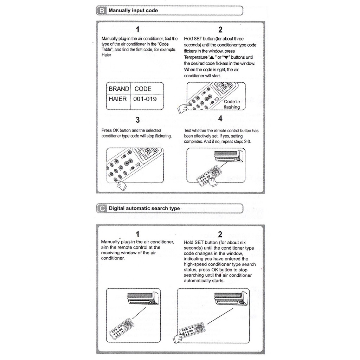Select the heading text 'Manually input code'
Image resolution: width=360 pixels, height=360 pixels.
pyautogui.click(x=133, y=11)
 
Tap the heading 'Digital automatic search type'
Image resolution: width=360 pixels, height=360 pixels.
pyautogui.click(x=144, y=208)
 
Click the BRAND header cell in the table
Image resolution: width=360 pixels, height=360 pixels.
pyautogui.click(x=119, y=89)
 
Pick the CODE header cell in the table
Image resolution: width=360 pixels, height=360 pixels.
pyautogui.click(x=143, y=89)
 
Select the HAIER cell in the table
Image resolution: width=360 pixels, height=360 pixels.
pyautogui.click(x=118, y=99)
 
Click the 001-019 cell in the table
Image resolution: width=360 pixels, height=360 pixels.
pyautogui.click(x=145, y=99)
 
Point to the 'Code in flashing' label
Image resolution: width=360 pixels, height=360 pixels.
pyautogui.click(x=232, y=104)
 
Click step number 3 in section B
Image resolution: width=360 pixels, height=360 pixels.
pyautogui.click(x=138, y=120)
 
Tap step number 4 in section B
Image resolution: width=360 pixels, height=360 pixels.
pyautogui.click(x=220, y=118)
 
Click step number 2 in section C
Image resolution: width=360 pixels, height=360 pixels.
pyautogui.click(x=220, y=234)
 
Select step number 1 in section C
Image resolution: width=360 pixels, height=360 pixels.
pyautogui.click(x=138, y=234)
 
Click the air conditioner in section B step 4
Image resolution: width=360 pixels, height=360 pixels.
pyautogui.click(x=229, y=156)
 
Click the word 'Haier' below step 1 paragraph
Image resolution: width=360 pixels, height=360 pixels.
pyautogui.click(x=106, y=55)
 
